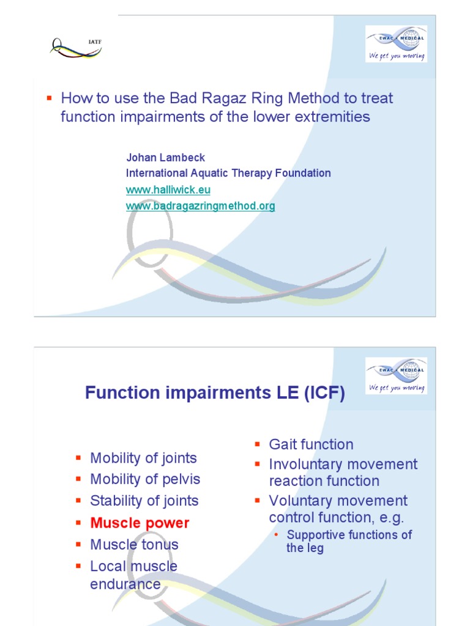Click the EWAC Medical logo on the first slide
click(x=396, y=43)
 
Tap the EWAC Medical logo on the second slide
click(x=396, y=375)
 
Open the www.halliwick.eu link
click(x=168, y=190)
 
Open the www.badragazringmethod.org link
click(x=200, y=206)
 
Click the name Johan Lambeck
click(x=165, y=158)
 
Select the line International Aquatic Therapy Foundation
click(x=228, y=173)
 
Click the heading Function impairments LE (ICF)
click(x=215, y=393)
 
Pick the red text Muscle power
click(x=140, y=523)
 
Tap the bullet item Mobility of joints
click(x=143, y=458)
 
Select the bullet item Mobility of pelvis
click(x=145, y=479)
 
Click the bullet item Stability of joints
click(x=144, y=501)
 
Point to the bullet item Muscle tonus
click(x=134, y=544)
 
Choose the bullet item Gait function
click(x=311, y=444)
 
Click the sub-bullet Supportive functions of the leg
click(x=349, y=541)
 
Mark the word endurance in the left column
click(x=125, y=584)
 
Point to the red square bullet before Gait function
click(x=258, y=444)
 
